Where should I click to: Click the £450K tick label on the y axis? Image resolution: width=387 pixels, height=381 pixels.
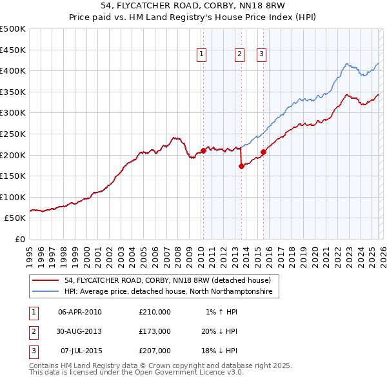pos(13,50)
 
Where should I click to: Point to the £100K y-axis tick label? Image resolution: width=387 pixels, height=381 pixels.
pos(13,197)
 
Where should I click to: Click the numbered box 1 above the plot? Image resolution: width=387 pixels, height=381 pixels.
pos(203,55)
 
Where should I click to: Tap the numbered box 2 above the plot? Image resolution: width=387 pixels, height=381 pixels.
pos(239,55)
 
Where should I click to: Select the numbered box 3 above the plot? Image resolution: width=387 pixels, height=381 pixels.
pos(262,55)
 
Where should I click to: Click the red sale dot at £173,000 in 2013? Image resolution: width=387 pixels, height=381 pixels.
pos(241,166)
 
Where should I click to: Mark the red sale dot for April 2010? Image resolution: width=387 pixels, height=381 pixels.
pos(203,150)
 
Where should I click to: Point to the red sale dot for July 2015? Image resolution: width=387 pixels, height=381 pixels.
pos(263,152)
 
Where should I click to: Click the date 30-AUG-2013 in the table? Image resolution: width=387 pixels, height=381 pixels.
pos(80,331)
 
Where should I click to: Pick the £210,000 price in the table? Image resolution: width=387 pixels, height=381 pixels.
pos(155,312)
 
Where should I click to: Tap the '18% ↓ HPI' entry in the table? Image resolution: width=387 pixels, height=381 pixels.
pos(219,351)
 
